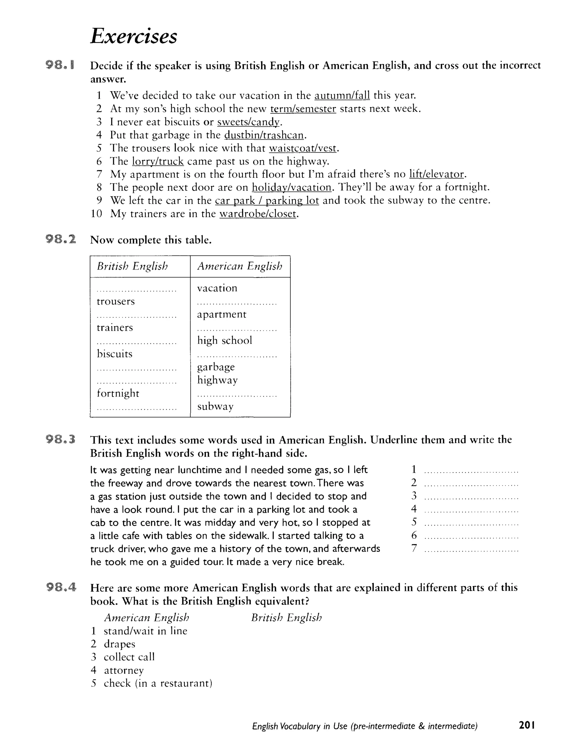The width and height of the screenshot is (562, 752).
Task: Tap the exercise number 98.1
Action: pos(61,65)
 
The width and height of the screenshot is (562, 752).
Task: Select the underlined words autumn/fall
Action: pos(342,96)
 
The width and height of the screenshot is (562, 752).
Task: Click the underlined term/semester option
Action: pos(303,109)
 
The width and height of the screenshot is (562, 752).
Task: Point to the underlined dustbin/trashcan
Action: pos(264,135)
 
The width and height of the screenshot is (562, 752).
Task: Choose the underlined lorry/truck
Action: pos(158,161)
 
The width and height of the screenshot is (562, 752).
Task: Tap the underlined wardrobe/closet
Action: pos(258,214)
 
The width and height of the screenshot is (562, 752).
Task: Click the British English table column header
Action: pos(132,266)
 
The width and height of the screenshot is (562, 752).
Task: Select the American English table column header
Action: pos(240,266)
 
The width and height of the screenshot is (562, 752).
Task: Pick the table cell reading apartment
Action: pos(222,315)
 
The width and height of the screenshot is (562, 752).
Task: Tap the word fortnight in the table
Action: pos(118,393)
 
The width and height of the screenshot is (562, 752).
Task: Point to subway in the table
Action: pos(215,406)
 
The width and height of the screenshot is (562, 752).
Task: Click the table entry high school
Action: pos(224,341)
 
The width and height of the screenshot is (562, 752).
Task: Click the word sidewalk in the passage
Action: pos(248,536)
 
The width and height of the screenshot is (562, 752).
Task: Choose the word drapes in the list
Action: pos(119,644)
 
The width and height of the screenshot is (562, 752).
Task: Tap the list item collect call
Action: pos(129,657)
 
